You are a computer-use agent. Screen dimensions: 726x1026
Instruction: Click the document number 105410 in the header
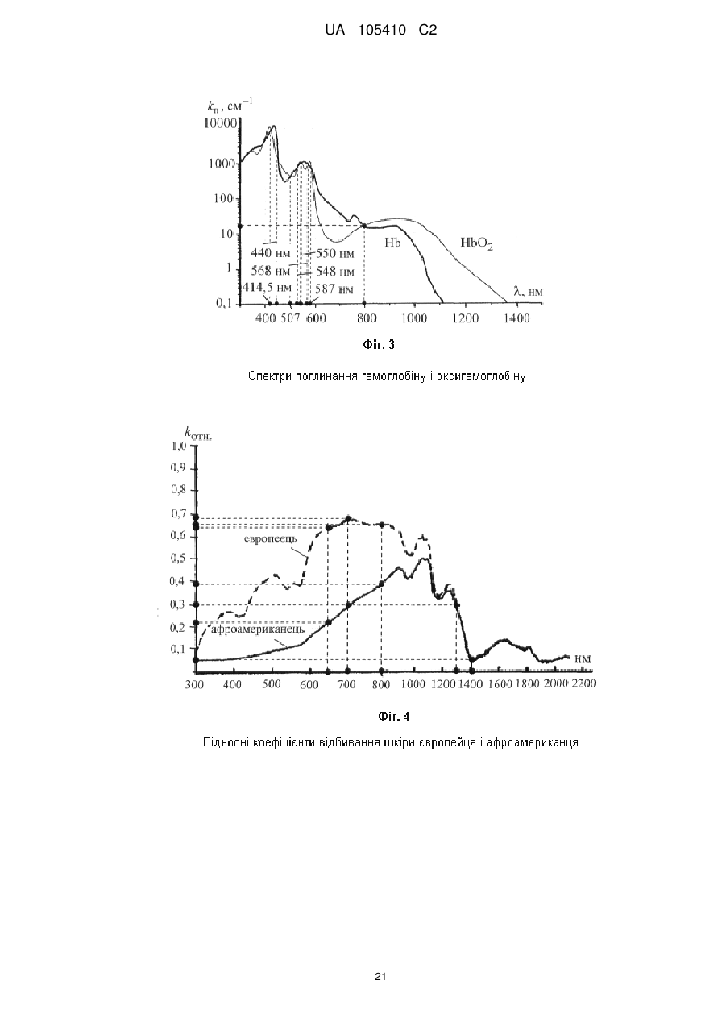pos(382,31)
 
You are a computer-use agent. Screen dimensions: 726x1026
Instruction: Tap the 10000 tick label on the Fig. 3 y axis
pos(221,123)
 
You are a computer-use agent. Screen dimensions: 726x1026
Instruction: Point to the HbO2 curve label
pos(476,243)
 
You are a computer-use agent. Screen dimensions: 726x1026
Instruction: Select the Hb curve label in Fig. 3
pos(392,243)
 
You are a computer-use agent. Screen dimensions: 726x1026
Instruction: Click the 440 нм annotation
pos(271,253)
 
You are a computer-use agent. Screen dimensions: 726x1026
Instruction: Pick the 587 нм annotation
pos(334,289)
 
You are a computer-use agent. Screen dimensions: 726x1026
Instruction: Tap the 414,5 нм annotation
pos(266,288)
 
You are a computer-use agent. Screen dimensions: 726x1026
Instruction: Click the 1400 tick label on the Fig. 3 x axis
pos(516,318)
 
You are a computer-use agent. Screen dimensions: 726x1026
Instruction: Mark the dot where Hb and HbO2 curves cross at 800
pos(364,225)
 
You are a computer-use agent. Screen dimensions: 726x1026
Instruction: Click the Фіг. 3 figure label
pos(379,344)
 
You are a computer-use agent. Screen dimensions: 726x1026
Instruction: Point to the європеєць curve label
pos(270,538)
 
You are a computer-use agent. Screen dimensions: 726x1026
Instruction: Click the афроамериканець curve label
pos(257,629)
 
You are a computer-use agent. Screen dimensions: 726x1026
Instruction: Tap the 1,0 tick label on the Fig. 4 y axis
pos(179,445)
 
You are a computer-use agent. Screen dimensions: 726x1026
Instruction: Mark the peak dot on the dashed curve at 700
pos(347,518)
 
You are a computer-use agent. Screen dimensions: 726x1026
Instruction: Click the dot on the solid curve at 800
pos(381,584)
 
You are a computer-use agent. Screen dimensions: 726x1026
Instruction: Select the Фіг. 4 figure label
pos(393,717)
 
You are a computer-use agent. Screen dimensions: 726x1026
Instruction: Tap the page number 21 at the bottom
pos(380,977)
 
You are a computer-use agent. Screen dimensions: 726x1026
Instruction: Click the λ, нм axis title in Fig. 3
pos(528,291)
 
